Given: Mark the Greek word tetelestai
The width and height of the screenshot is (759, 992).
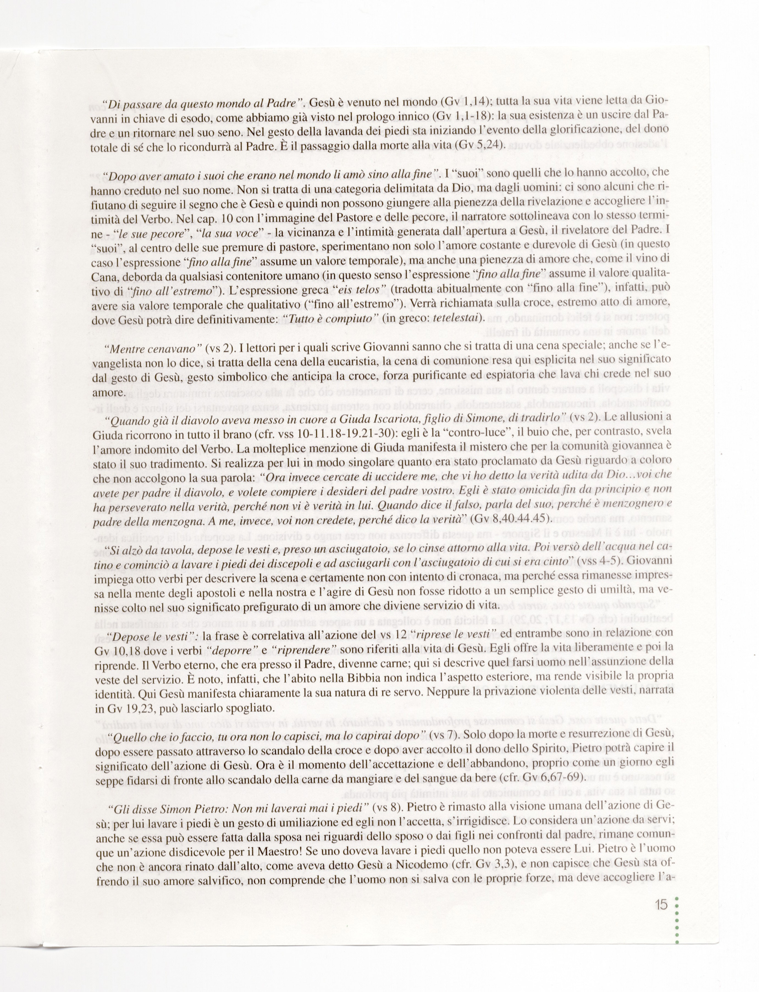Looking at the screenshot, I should point(456,319).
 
